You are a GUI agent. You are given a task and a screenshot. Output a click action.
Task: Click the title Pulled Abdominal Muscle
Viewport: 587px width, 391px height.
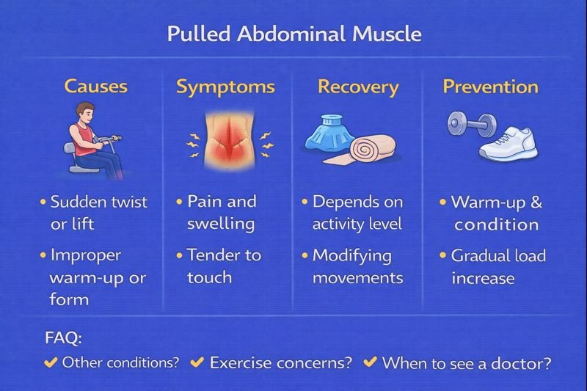coord(293,34)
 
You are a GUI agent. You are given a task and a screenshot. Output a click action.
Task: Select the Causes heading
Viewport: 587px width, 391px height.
coord(95,87)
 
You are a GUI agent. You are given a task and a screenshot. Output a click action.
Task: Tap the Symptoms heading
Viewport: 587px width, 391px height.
coord(225,87)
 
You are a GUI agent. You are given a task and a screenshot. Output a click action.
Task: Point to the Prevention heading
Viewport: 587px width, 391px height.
coord(490,87)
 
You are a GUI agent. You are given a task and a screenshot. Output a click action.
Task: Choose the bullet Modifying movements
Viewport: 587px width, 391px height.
coord(357,266)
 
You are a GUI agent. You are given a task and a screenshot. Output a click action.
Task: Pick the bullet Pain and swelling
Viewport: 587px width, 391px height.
coord(221,212)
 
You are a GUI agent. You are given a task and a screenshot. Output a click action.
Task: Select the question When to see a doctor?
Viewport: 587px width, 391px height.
coord(466,362)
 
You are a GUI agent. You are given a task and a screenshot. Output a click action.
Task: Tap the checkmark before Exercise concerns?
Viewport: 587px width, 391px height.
coord(197,362)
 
